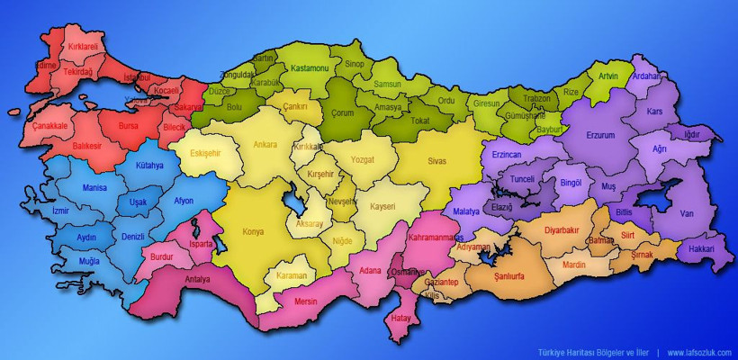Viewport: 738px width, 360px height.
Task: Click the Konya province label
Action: click(253, 231)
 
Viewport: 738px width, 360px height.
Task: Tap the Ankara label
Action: click(265, 144)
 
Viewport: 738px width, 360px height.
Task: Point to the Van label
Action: click(687, 213)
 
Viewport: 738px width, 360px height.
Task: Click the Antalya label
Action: click(197, 279)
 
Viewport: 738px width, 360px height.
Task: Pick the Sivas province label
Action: click(436, 160)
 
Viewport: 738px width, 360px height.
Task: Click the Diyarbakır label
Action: click(562, 229)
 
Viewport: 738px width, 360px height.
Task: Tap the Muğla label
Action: click(89, 261)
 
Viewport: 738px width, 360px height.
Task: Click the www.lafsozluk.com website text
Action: click(699, 352)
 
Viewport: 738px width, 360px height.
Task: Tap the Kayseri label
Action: click(382, 206)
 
